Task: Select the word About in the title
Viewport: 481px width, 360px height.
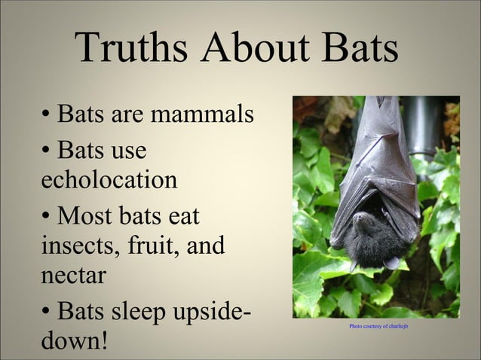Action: (249, 50)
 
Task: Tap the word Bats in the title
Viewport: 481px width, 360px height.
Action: (354, 50)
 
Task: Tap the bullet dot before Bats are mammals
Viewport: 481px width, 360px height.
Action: (46, 117)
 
